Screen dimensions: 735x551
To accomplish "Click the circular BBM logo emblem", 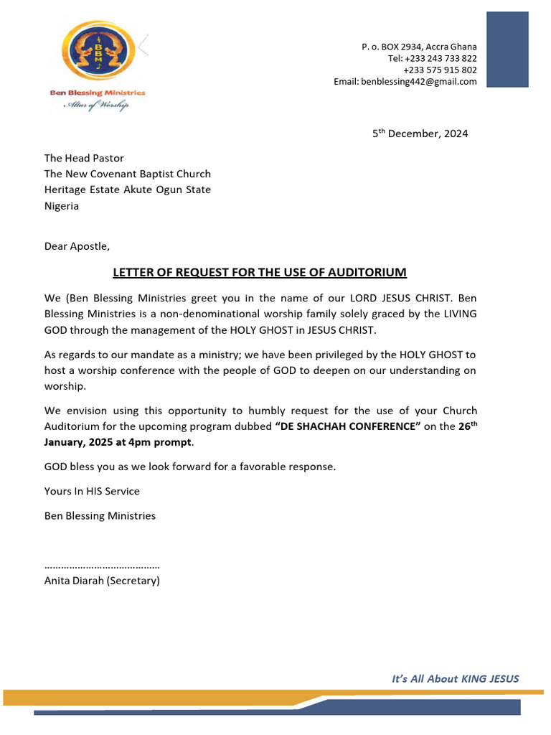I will tap(96, 50).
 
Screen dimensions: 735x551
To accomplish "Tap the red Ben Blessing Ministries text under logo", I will tap(96, 93).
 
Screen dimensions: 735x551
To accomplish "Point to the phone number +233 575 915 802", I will tap(440, 70).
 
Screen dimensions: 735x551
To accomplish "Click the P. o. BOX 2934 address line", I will tap(419, 47).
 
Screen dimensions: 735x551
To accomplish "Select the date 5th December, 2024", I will tap(420, 134).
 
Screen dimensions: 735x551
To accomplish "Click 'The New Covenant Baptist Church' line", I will tap(128, 174).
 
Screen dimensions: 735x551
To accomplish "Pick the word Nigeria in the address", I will tap(62, 206).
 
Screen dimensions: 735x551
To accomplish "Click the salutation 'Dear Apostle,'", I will tap(77, 246).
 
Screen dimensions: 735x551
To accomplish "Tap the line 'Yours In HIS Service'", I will tap(92, 491).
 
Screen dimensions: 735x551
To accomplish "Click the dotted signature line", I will tap(102, 566).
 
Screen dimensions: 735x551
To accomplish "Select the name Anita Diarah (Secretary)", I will tap(102, 581).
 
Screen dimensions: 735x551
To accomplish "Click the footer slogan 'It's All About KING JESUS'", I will tap(455, 678).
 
